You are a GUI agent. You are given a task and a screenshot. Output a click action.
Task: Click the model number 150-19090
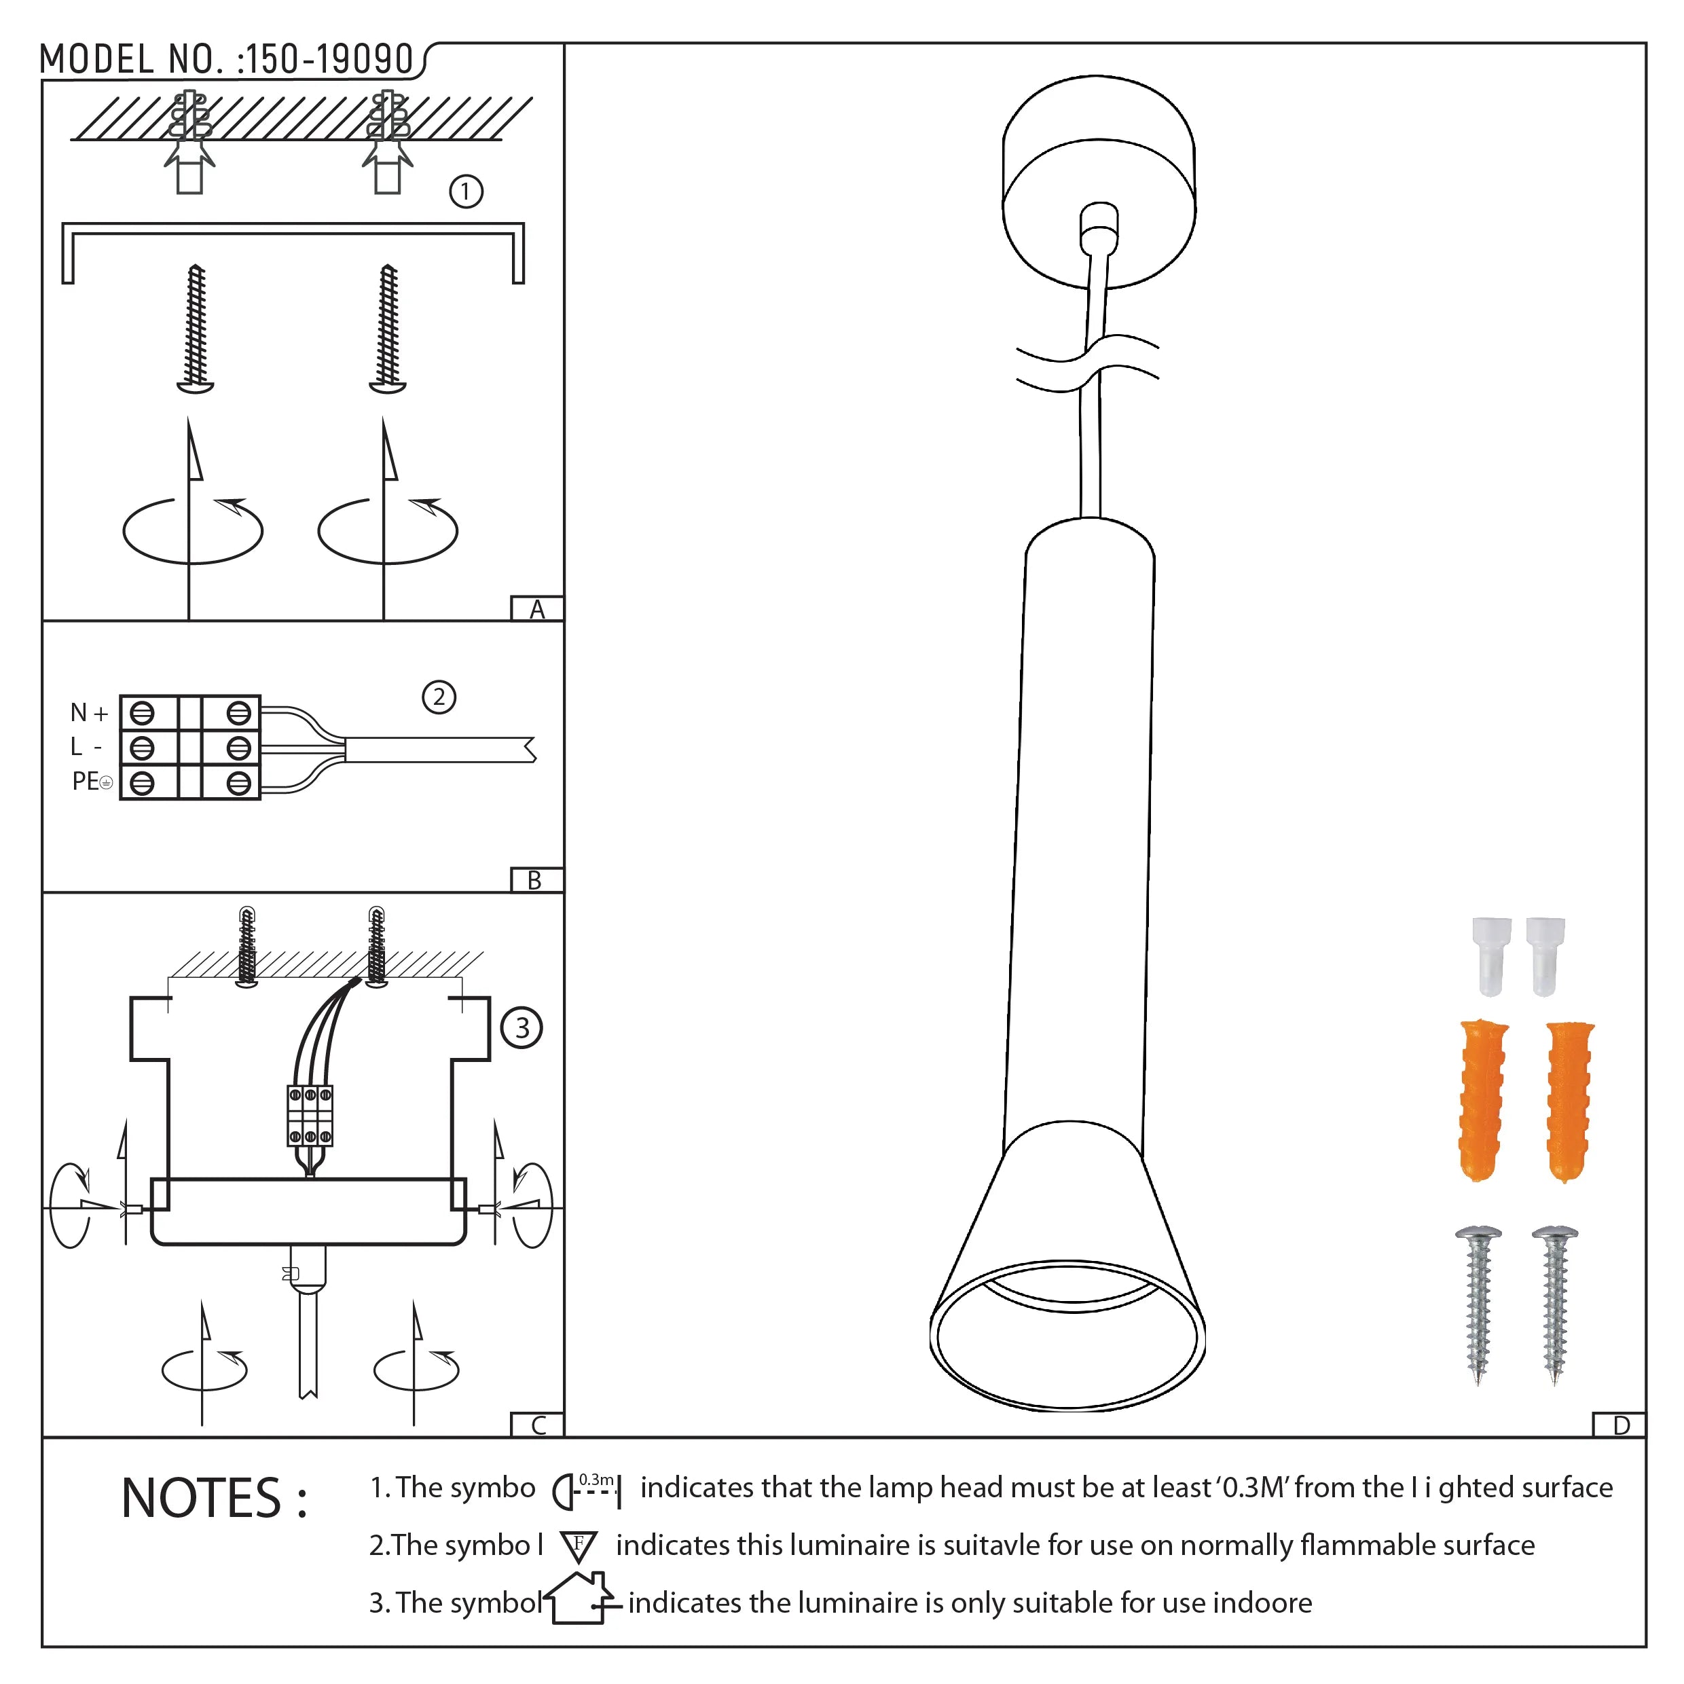[x=329, y=59]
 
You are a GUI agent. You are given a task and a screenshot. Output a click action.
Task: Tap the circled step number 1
[x=465, y=191]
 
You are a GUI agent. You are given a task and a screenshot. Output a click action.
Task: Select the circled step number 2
[x=439, y=697]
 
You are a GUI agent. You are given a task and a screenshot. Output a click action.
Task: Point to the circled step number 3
[x=521, y=1029]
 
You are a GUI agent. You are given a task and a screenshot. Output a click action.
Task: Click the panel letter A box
[x=537, y=609]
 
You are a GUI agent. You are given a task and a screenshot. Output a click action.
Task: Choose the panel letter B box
[x=535, y=880]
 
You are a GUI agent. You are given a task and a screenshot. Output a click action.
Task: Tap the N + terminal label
[x=89, y=713]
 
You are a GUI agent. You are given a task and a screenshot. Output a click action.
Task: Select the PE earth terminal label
[x=92, y=781]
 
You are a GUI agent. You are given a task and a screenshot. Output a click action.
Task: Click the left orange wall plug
[x=1482, y=1100]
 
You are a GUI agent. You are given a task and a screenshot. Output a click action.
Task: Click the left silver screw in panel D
[x=1478, y=1304]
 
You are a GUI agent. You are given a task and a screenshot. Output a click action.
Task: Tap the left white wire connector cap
[x=1491, y=955]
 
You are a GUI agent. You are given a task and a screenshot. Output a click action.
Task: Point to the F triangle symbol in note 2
[x=579, y=1546]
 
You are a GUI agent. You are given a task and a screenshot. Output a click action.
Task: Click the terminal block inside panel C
[x=310, y=1116]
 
